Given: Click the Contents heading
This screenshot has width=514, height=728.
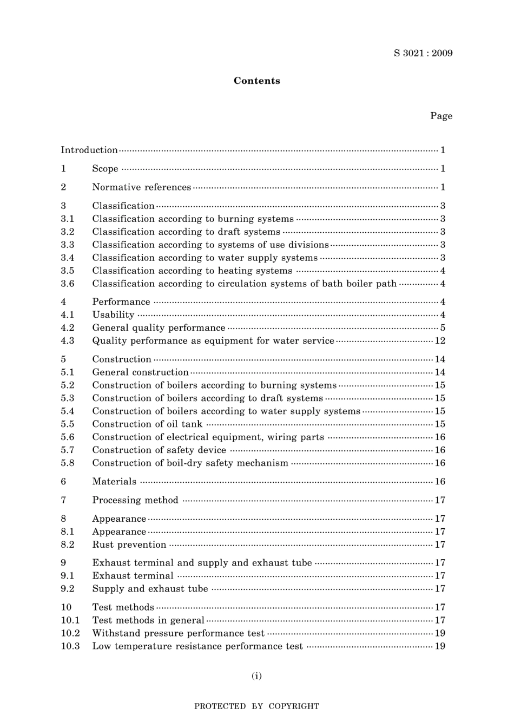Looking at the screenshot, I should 256,81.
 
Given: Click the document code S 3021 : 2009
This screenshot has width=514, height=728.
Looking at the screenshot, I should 423,53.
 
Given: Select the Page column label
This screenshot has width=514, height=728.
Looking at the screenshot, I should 441,116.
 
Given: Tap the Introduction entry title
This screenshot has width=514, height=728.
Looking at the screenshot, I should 89,150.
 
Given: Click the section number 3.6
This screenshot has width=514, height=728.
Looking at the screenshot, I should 68,284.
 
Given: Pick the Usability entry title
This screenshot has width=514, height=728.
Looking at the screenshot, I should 113,314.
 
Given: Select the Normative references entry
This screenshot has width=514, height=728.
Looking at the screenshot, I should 141,187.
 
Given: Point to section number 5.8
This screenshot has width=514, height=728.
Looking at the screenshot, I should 68,463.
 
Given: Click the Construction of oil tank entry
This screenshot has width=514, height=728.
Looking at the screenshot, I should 147,424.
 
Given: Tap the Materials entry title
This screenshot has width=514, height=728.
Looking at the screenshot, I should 114,481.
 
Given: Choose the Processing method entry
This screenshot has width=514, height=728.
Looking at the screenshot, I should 135,500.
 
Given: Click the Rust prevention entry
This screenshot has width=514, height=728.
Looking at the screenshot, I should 129,545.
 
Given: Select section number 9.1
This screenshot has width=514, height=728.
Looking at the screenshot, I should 68,575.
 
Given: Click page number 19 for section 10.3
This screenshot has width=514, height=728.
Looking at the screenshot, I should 440,646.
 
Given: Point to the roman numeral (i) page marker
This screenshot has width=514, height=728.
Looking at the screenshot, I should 256,675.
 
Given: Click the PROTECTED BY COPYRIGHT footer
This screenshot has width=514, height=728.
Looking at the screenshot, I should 256,706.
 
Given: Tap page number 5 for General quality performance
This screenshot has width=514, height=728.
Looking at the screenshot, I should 443,327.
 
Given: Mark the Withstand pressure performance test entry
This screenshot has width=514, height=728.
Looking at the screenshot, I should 178,633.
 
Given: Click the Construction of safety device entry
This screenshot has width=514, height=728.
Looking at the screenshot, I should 159,450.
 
